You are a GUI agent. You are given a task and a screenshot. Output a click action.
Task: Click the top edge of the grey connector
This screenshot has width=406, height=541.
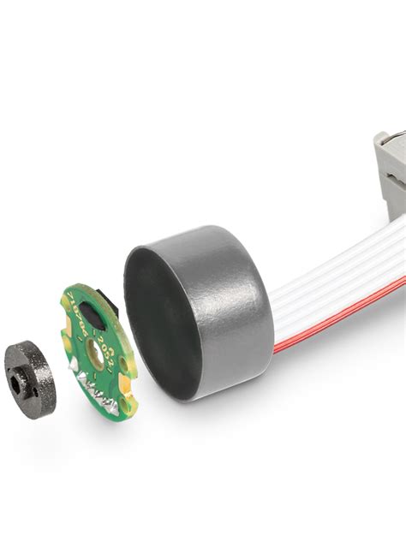tap(390, 135)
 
